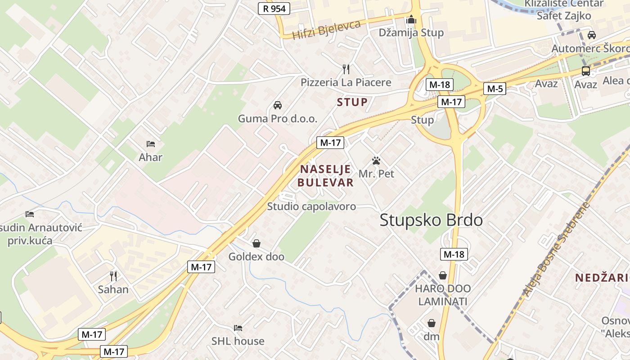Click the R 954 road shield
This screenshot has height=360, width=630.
[x=274, y=8]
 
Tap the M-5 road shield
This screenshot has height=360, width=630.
[x=495, y=89]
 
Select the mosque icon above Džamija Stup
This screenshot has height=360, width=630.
[x=411, y=20]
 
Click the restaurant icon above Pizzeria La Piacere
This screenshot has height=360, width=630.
[x=346, y=69]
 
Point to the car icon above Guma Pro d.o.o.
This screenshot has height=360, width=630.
[x=278, y=105]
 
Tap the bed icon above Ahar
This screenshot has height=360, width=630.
[x=151, y=144]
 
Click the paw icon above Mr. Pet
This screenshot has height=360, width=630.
[x=376, y=160]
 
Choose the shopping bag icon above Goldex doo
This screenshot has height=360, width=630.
[x=256, y=243]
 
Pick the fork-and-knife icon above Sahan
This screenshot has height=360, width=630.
[x=113, y=276]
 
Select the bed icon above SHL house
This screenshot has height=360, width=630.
[x=238, y=328]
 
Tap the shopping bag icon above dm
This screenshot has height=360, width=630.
[x=432, y=323]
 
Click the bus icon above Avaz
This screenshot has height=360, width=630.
[x=585, y=71]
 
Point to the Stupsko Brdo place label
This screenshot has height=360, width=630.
[x=431, y=220]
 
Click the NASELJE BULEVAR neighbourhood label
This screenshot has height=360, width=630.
[x=325, y=176]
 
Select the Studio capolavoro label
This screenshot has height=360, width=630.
[x=311, y=207]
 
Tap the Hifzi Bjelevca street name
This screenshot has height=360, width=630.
[x=326, y=29]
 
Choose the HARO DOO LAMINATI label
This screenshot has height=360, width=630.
[x=443, y=295]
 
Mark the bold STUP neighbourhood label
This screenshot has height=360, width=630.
[x=352, y=102]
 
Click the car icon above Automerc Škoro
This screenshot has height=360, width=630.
[x=592, y=35]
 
